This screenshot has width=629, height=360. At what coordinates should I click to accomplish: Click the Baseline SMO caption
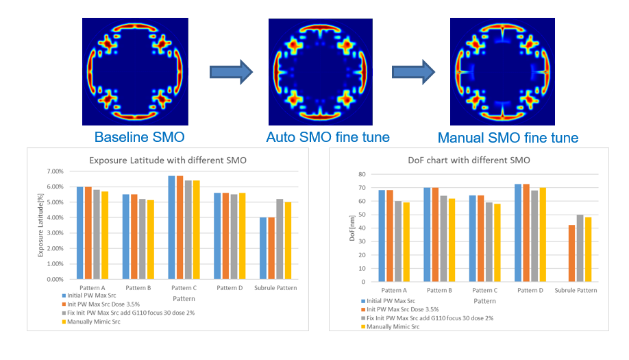click(139, 136)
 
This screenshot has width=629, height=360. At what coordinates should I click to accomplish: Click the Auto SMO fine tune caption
click(328, 137)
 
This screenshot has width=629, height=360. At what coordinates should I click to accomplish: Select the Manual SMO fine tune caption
click(508, 138)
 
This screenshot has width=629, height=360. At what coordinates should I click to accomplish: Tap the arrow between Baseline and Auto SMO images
click(231, 72)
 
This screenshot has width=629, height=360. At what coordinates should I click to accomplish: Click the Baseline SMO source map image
click(136, 67)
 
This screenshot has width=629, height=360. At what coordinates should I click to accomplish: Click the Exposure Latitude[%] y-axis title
click(40, 225)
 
